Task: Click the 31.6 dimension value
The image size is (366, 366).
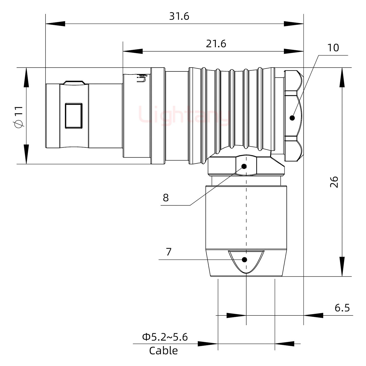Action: pyautogui.click(x=179, y=17)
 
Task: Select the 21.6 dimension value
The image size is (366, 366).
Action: pyautogui.click(x=216, y=44)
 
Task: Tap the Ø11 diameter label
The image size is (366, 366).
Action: pyautogui.click(x=19, y=117)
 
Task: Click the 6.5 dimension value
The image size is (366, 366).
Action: pyautogui.click(x=342, y=308)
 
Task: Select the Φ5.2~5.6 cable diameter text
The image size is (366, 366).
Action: pyautogui.click(x=165, y=337)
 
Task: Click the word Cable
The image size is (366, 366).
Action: pyautogui.click(x=163, y=351)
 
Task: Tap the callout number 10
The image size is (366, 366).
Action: pyautogui.click(x=333, y=48)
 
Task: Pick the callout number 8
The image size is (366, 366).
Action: pyautogui.click(x=166, y=197)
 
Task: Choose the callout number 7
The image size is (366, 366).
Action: pyautogui.click(x=169, y=252)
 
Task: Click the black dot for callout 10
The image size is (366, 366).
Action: pyautogui.click(x=292, y=118)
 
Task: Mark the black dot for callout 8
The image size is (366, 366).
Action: pyautogui.click(x=244, y=166)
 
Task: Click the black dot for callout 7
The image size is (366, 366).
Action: pyautogui.click(x=245, y=260)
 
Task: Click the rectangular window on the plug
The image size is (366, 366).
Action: pyautogui.click(x=74, y=116)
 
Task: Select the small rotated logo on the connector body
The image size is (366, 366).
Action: pyautogui.click(x=142, y=78)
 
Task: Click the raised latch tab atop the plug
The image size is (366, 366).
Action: pyautogui.click(x=74, y=83)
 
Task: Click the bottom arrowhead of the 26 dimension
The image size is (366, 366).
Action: pyautogui.click(x=342, y=267)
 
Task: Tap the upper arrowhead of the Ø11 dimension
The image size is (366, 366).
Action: pyautogui.click(x=26, y=77)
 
